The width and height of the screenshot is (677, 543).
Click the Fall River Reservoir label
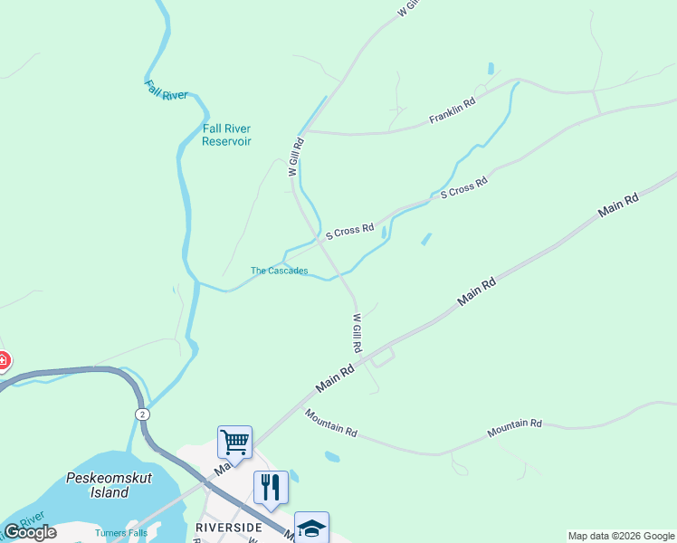pyautogui.click(x=226, y=135)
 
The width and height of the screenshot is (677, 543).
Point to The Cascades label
pyautogui.click(x=279, y=271)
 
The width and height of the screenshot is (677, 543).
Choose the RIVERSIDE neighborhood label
pyautogui.click(x=229, y=527)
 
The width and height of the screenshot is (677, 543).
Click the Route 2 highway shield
pyautogui.click(x=142, y=414)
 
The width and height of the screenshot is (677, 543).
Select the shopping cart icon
pyautogui.click(x=234, y=443)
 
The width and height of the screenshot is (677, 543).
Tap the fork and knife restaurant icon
pyautogui.click(x=271, y=488)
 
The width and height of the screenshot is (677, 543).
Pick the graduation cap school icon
pyautogui.click(x=311, y=528)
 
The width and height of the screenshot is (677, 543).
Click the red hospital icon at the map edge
pyautogui.click(x=3, y=361)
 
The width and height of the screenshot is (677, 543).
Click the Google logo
pyautogui.click(x=30, y=532)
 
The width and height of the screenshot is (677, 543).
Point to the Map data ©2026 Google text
pyautogui.click(x=621, y=536)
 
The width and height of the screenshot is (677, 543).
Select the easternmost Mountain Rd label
pyautogui.click(x=514, y=429)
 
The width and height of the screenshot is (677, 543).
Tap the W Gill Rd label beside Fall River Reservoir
pyautogui.click(x=294, y=156)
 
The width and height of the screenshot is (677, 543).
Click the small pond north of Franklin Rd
pyautogui.click(x=491, y=68)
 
